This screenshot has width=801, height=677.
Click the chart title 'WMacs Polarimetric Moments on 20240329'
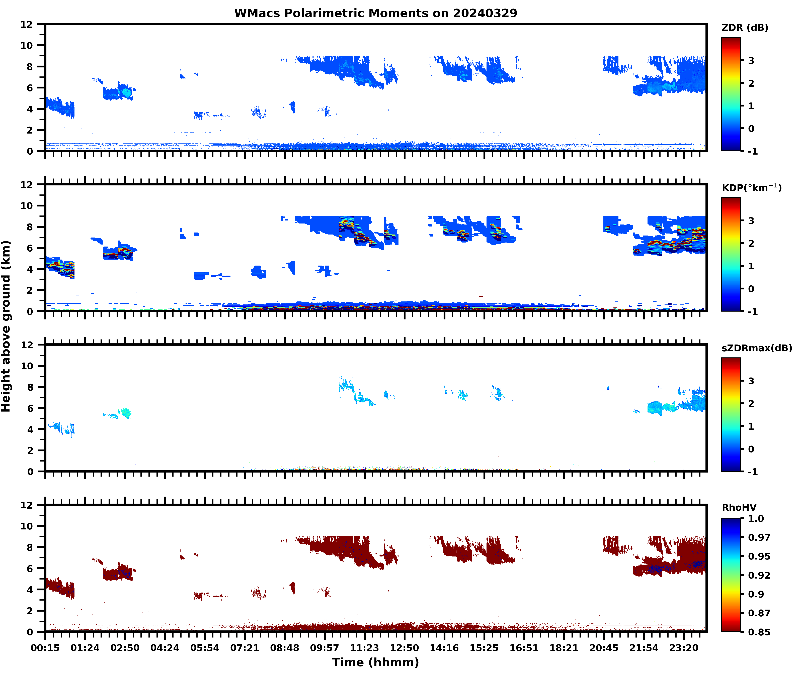376,13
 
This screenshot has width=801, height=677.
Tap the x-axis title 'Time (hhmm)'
376,662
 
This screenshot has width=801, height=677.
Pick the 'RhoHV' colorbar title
739,507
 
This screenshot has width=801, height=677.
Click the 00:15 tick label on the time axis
45,648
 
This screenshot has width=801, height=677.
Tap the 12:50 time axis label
404,648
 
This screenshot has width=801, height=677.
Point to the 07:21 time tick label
245,648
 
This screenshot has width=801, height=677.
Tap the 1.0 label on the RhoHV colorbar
756,518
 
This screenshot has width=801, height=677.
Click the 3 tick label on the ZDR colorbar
751,61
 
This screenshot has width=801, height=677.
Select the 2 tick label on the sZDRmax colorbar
751,404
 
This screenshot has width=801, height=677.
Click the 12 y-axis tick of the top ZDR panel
27,25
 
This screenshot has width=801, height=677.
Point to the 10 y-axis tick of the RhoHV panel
27,526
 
